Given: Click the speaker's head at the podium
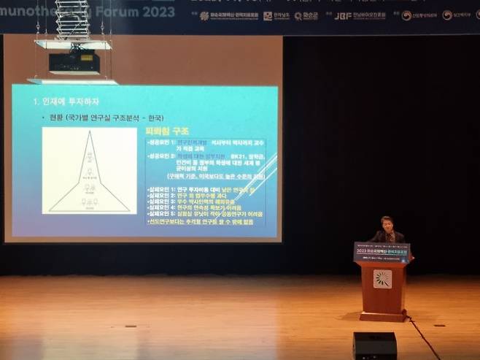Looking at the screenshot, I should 387,223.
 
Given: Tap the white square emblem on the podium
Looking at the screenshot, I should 381,278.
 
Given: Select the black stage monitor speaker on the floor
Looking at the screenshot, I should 375,345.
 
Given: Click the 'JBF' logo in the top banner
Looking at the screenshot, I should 342,15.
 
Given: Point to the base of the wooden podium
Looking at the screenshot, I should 382,315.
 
